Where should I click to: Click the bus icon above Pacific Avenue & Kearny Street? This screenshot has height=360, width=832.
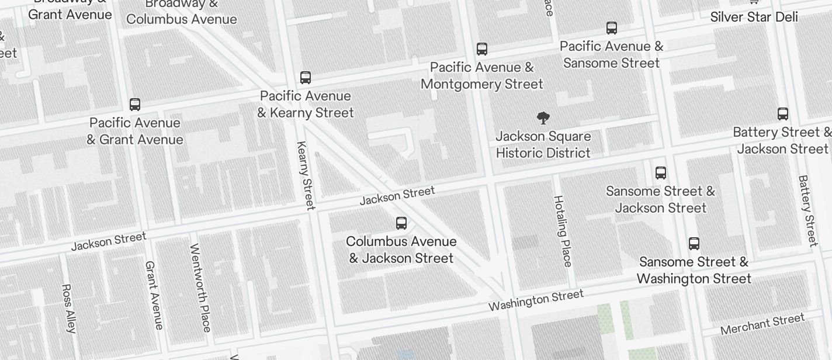(x=305, y=77)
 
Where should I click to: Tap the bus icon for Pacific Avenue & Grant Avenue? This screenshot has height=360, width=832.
(x=135, y=105)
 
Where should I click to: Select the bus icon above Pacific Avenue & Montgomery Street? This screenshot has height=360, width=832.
(x=482, y=49)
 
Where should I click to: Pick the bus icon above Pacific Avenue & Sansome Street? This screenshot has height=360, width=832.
(x=612, y=28)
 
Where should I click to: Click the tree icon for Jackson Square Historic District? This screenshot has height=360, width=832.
(x=543, y=118)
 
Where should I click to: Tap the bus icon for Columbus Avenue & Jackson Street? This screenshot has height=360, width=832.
(x=401, y=223)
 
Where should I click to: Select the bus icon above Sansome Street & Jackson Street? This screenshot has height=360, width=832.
(x=661, y=173)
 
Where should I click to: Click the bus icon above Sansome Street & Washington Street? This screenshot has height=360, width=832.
(x=694, y=244)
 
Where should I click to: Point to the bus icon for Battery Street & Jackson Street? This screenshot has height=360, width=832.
(x=783, y=114)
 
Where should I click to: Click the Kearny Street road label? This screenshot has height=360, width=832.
(x=306, y=175)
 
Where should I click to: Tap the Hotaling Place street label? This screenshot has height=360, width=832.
(x=562, y=231)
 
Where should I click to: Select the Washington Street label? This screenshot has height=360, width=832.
(x=536, y=300)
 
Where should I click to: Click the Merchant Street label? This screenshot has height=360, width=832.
(x=762, y=324)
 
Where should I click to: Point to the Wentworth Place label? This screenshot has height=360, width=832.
(x=200, y=288)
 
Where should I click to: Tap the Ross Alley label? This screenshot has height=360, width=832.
(x=68, y=309)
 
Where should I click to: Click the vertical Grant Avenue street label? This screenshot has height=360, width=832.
(x=154, y=295)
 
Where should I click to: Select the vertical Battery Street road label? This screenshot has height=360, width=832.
(x=807, y=210)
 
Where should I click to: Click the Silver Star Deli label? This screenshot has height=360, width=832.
(x=754, y=17)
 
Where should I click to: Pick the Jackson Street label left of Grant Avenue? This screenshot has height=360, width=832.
(x=108, y=241)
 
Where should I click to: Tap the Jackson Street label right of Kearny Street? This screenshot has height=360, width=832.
(x=397, y=196)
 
